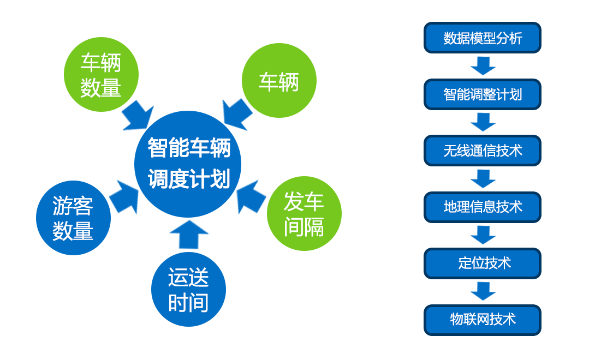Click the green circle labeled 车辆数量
coord(101,74)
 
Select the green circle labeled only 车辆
coord(279,80)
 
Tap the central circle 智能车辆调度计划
coord(188,164)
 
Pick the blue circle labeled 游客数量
coord(73,218)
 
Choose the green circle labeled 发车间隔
coord(304,213)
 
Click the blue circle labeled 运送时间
coord(188,289)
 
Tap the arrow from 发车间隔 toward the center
coord(251,197)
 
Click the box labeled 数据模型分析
coord(483,38)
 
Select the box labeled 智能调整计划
coord(483,94)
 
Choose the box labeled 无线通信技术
coord(483,151)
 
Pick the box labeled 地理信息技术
coord(483,207)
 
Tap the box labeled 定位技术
coord(483,263)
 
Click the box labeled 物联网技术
coord(483,320)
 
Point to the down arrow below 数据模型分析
coord(483,66)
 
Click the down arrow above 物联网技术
coord(483,291)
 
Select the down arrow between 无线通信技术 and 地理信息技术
coord(483,179)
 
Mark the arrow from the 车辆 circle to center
coord(237,115)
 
